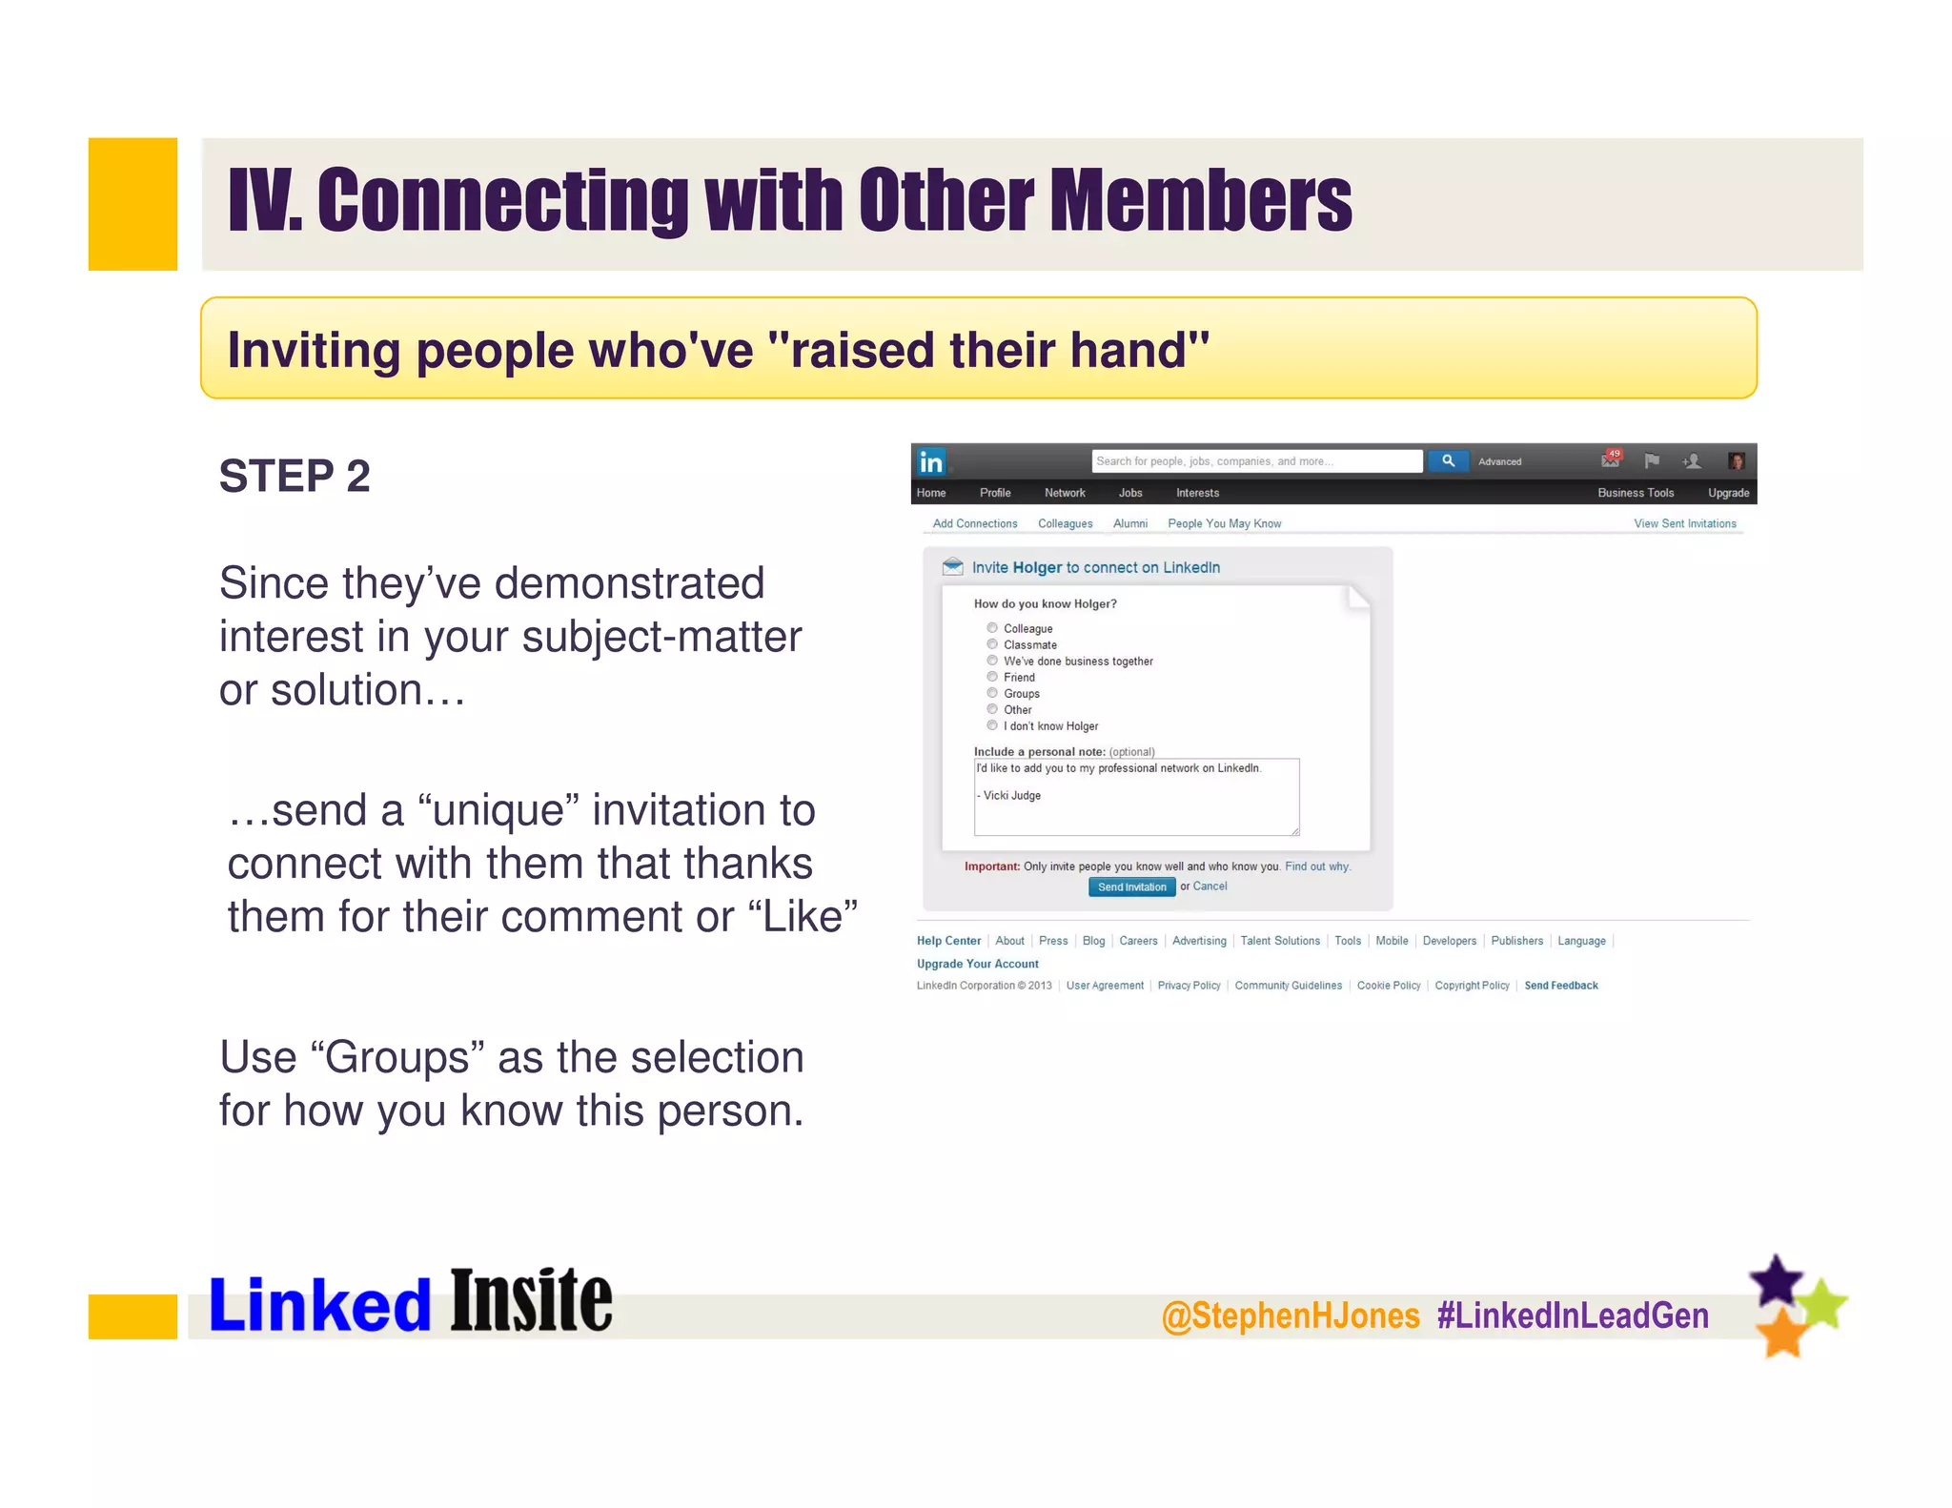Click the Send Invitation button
(x=1131, y=886)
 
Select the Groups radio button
(x=992, y=693)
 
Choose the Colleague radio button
(x=992, y=628)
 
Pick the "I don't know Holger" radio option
(x=992, y=725)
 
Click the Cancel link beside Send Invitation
(x=1210, y=886)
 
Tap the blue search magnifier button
(x=1448, y=461)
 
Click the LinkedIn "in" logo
(x=930, y=462)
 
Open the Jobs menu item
(x=1130, y=493)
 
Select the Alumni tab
(x=1130, y=523)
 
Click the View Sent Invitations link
(x=1684, y=523)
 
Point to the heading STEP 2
(x=295, y=476)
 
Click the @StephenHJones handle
(x=1291, y=1315)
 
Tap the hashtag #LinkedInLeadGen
(x=1573, y=1315)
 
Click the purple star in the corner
(x=1777, y=1281)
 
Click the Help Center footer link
(x=948, y=941)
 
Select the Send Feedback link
(x=1560, y=986)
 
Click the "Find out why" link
(x=1317, y=866)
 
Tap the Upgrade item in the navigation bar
(x=1728, y=493)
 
